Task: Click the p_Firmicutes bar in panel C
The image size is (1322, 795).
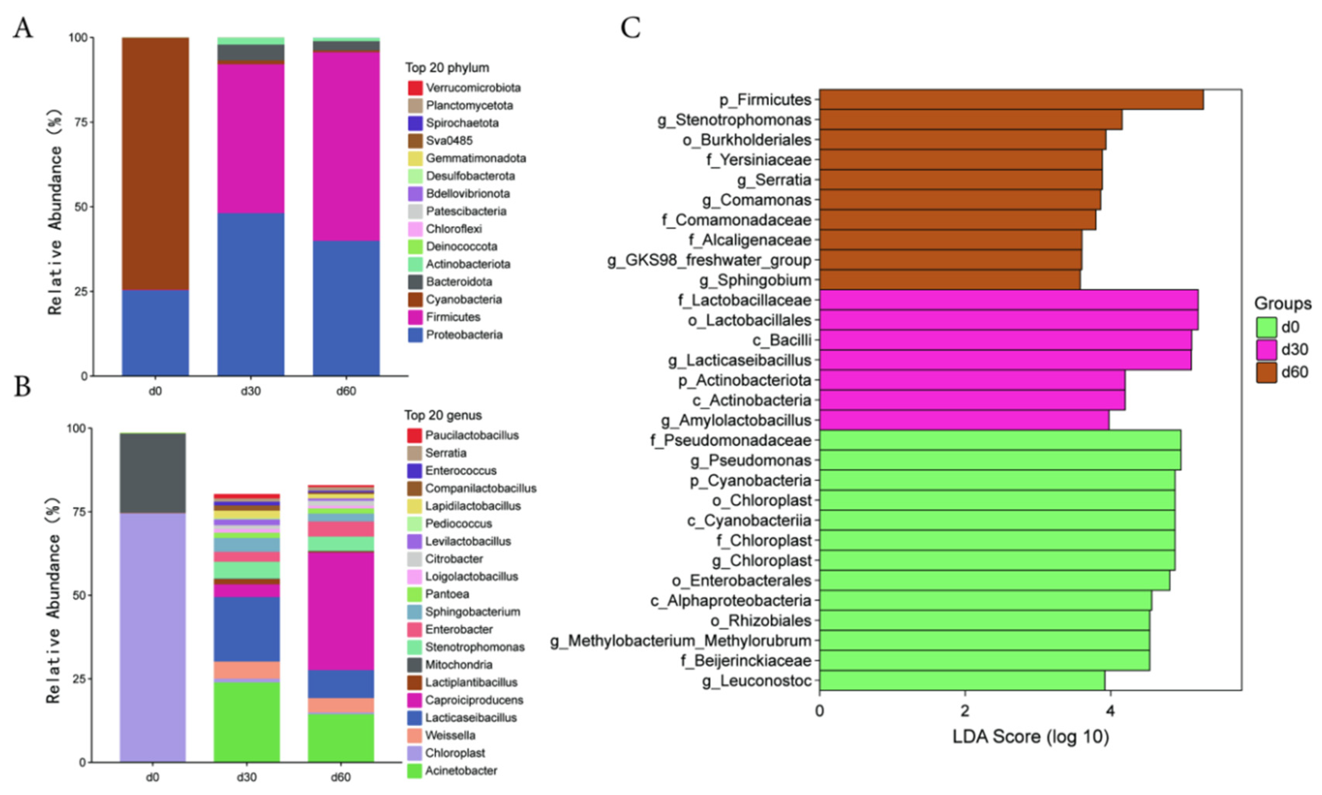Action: [1011, 100]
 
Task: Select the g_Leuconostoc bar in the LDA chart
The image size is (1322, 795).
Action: [961, 680]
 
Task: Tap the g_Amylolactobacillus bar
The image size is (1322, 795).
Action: [963, 420]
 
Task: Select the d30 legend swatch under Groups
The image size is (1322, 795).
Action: [1266, 349]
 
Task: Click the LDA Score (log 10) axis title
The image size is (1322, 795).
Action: [1030, 737]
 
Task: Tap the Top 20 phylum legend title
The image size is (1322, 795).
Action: [447, 68]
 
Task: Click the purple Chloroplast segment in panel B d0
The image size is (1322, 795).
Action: [153, 637]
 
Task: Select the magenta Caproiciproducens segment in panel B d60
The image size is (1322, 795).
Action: [341, 611]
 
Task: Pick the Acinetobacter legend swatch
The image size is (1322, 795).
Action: [414, 771]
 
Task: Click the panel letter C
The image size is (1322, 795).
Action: [630, 28]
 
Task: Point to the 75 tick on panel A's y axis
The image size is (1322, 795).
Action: [81, 122]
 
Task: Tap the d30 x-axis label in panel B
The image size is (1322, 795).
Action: [246, 777]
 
